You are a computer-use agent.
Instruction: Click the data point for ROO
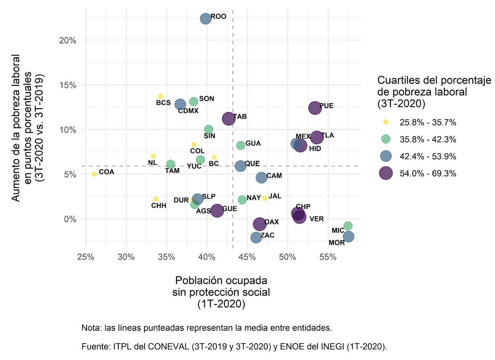coord(205,19)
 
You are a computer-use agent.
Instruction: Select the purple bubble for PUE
coord(315,108)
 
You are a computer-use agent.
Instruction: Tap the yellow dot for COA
coord(94,174)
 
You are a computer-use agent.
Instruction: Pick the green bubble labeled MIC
coord(348,226)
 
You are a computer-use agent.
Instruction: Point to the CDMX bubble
coord(180,104)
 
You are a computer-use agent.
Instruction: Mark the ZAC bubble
coord(256,237)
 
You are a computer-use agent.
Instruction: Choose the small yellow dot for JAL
coord(264,198)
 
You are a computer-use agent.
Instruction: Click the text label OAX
coord(271,222)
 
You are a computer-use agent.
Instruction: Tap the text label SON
coord(206,99)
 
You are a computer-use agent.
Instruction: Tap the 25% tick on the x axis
coord(86,257)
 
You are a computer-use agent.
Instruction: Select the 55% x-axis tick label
coord(328,257)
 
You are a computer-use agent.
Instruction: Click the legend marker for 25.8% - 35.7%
coord(386,122)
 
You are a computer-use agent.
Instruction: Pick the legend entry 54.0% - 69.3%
coord(427,174)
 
